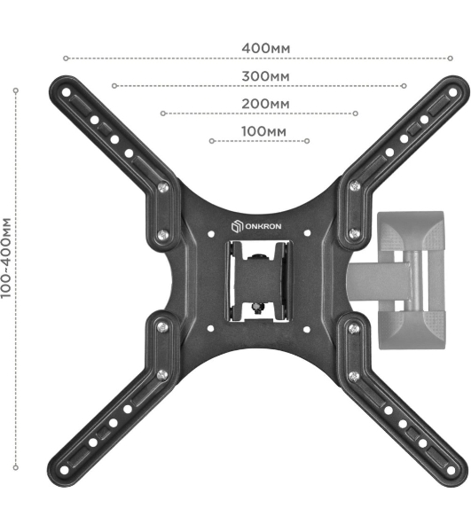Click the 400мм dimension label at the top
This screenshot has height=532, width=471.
click(x=266, y=49)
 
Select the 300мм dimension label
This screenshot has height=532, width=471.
click(x=265, y=76)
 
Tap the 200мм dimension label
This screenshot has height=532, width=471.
click(x=265, y=104)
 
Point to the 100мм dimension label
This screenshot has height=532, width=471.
click(x=263, y=131)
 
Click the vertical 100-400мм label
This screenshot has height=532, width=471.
click(x=6, y=258)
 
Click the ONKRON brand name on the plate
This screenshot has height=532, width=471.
click(x=263, y=226)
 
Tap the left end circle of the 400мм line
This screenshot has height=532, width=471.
click(x=66, y=59)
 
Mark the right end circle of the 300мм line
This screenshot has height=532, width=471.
click(x=404, y=86)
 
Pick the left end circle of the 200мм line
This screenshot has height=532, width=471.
click(x=163, y=113)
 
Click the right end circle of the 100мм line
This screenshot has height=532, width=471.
click(x=307, y=141)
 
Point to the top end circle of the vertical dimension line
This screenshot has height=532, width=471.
click(x=16, y=90)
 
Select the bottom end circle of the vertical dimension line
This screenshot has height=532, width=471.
click(x=16, y=467)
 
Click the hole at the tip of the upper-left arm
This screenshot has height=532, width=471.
click(x=67, y=92)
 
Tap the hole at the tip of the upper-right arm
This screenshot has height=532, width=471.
click(x=452, y=92)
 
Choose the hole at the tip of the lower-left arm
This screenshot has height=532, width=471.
click(x=64, y=470)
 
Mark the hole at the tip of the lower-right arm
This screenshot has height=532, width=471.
click(x=451, y=470)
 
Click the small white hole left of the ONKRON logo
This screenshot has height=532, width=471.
click(x=211, y=234)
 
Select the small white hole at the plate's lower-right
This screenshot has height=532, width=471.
click(x=306, y=330)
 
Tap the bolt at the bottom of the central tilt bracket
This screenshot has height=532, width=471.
click(x=257, y=308)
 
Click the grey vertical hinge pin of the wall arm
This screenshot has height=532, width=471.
click(x=414, y=281)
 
